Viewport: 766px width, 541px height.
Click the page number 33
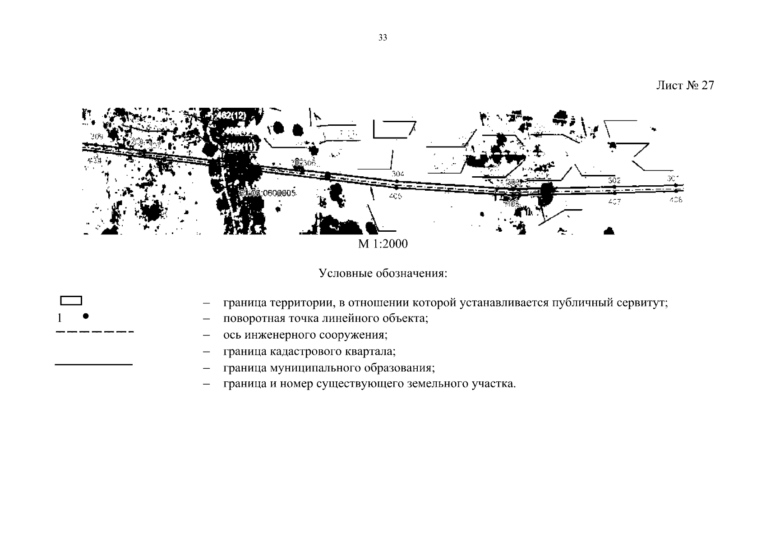coord(383,38)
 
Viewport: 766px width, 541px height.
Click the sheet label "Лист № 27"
coord(684,86)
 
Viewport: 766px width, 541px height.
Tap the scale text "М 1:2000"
coord(383,244)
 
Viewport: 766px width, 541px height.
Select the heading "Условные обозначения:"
coord(383,274)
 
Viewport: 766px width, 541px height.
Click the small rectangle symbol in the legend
coord(71,301)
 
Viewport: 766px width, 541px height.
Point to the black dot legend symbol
coord(85,316)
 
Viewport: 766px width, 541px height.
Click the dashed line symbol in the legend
coord(94,332)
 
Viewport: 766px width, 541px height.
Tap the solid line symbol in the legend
coord(93,364)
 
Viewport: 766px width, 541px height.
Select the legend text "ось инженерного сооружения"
coord(305,335)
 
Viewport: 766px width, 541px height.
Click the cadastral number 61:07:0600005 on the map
coord(268,193)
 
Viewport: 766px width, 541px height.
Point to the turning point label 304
coord(397,174)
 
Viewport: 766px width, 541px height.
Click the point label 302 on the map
coord(614,180)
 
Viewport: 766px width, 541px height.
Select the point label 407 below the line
coord(614,202)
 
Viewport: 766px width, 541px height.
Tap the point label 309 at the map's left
coord(97,136)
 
